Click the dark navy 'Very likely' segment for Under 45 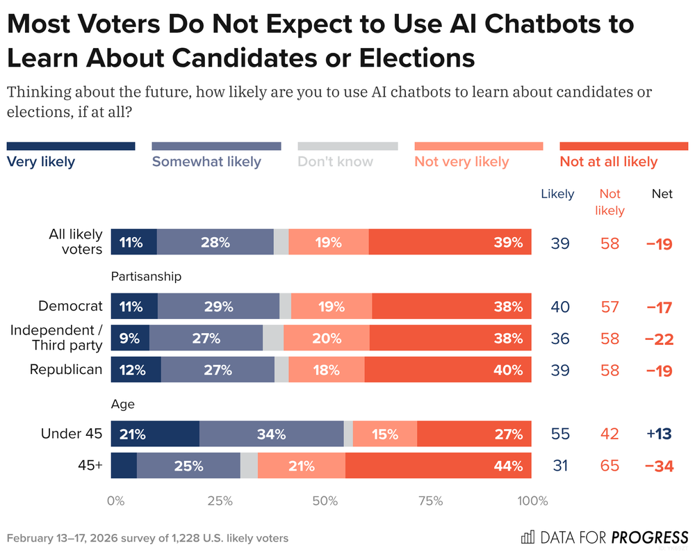click(155, 435)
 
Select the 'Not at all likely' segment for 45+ click(438, 465)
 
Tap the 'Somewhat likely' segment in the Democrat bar click(218, 306)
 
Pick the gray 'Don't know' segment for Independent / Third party click(273, 339)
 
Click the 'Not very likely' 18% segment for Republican click(326, 370)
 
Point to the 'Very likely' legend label click(40, 162)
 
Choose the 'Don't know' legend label click(335, 162)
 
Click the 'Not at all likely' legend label click(608, 162)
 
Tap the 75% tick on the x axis click(431, 501)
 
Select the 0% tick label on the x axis click(115, 501)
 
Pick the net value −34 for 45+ click(659, 466)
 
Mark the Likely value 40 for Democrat click(559, 307)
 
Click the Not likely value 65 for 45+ click(610, 466)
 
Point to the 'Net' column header click(662, 194)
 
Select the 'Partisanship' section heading click(146, 277)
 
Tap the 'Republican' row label click(66, 370)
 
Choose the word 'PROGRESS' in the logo click(650, 537)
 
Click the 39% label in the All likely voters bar click(508, 243)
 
